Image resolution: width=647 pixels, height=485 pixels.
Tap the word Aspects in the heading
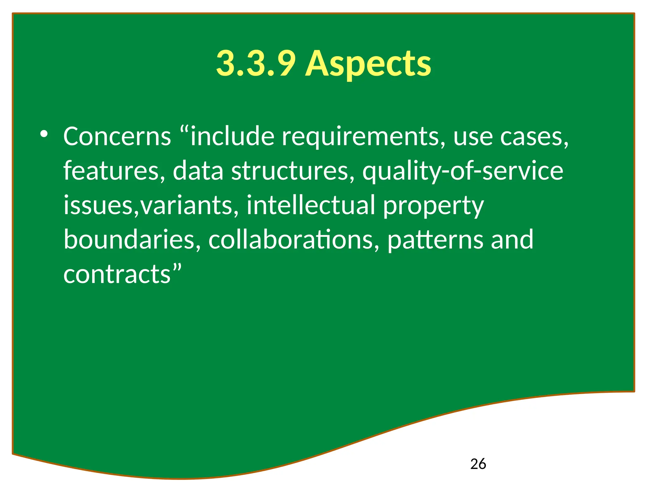[x=368, y=65]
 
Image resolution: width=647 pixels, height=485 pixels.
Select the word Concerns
[x=117, y=136]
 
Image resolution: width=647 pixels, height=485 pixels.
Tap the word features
[x=114, y=171]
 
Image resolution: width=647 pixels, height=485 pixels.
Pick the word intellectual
[x=311, y=205]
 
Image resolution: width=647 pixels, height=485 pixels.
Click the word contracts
[x=117, y=274]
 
